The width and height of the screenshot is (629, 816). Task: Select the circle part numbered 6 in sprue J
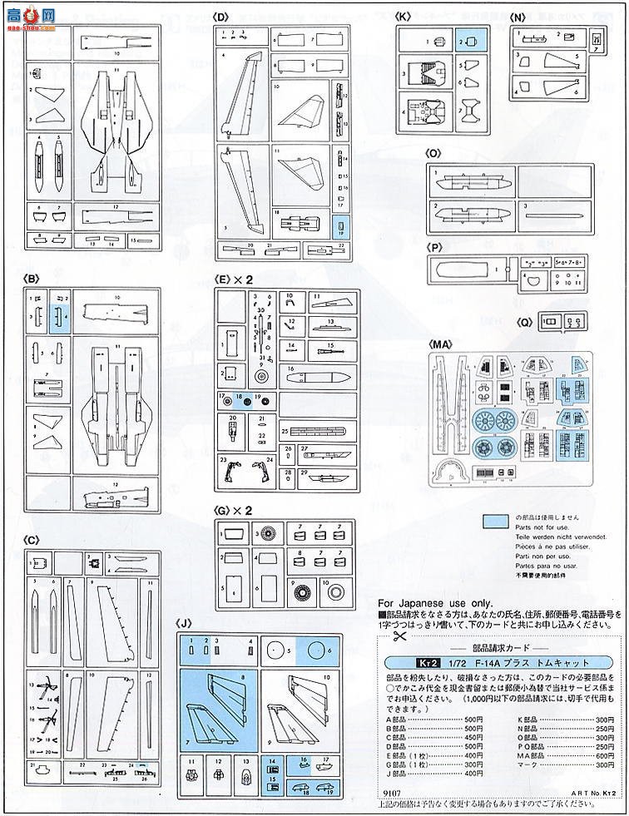point(319,649)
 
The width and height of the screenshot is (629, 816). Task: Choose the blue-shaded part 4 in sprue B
point(59,315)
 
